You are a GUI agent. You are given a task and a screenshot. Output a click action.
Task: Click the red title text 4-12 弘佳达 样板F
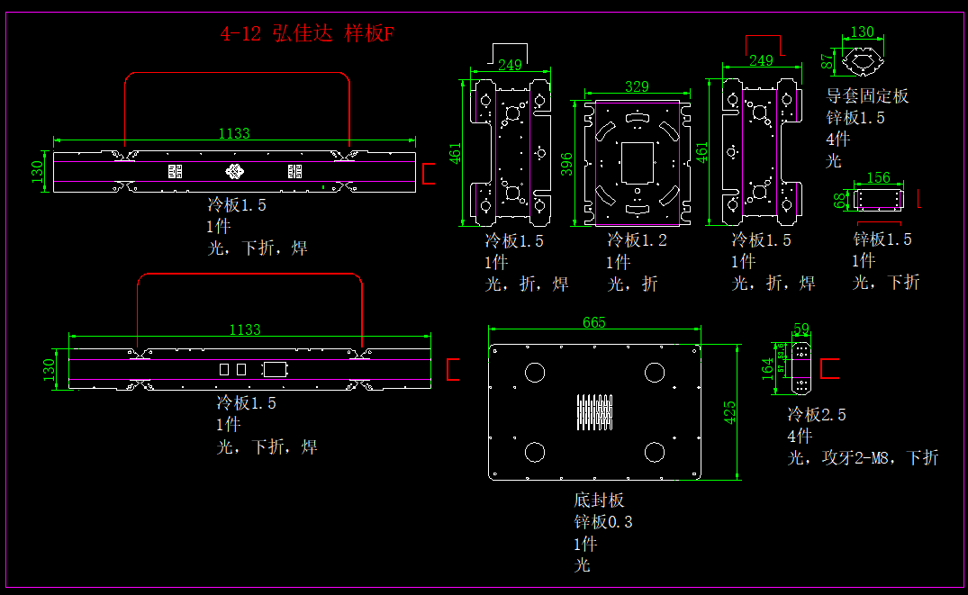coord(308,35)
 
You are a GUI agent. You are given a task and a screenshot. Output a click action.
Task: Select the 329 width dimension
coord(637,86)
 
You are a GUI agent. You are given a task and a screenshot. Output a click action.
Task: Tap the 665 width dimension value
coord(594,322)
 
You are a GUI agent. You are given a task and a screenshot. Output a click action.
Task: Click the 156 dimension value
coord(878,178)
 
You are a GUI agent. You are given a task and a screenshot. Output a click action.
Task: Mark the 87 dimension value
coord(828,61)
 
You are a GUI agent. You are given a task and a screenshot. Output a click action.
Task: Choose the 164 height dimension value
coord(767,369)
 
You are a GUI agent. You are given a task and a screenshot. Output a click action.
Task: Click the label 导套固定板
coord(867,95)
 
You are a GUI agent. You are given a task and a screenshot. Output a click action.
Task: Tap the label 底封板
coord(599,500)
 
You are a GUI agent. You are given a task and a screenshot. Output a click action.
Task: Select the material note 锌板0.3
coord(602,522)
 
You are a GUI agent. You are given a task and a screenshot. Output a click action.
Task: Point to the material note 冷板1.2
coord(638,240)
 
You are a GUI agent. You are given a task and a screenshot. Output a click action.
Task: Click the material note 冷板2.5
coord(816,415)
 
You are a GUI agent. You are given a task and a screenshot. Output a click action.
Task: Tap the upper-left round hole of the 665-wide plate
coord(535,372)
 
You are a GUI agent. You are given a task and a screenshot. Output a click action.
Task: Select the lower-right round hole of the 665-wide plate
coord(655,452)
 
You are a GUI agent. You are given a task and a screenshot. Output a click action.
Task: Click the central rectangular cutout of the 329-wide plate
coord(638,163)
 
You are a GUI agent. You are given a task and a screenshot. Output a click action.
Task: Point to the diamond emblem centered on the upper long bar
coord(234,171)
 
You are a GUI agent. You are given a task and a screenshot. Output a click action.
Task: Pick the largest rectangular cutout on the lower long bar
coord(274,369)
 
